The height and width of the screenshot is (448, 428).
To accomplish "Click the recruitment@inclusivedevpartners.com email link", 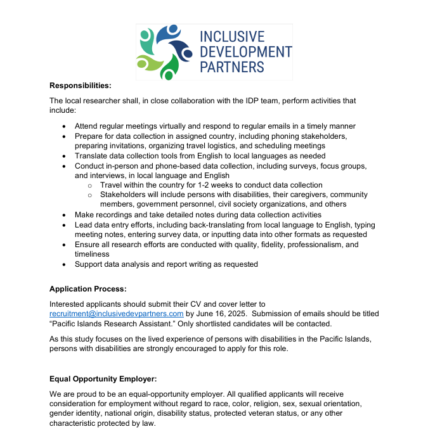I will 116,314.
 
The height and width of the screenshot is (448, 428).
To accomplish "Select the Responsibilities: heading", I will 80,85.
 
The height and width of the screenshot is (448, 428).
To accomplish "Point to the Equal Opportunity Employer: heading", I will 103,379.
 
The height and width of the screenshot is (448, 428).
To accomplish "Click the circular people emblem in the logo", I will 164,52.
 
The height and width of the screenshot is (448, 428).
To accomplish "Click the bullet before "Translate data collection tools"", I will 64,155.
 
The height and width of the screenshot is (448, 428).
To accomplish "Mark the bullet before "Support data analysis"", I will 64,264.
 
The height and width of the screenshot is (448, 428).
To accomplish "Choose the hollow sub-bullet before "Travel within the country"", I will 90,185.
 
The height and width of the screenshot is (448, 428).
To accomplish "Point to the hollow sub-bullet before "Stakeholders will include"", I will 90,195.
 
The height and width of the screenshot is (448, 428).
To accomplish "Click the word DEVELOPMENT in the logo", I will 246,51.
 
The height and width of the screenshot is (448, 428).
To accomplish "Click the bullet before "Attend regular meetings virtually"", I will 64,126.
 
